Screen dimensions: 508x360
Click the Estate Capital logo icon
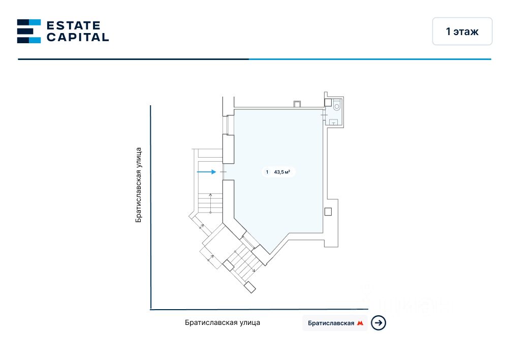point(29,31)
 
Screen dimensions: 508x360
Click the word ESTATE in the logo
point(74,25)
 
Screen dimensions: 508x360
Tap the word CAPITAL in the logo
point(78,37)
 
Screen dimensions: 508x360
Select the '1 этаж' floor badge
point(462,32)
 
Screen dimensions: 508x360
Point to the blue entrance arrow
point(206,172)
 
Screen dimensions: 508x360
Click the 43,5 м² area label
point(282,172)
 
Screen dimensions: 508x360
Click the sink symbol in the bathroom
point(334,122)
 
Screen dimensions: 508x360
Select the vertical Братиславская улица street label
point(138,185)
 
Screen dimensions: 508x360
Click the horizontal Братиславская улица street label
point(223,322)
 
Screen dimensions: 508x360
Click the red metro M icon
point(361,323)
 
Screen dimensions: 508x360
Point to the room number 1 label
point(267,172)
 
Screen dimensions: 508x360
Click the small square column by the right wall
point(328,212)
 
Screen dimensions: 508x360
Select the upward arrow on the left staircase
point(210,202)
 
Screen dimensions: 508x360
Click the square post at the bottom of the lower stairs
point(249,287)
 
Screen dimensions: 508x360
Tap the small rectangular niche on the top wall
point(297,105)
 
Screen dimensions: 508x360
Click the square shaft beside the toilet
point(328,103)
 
